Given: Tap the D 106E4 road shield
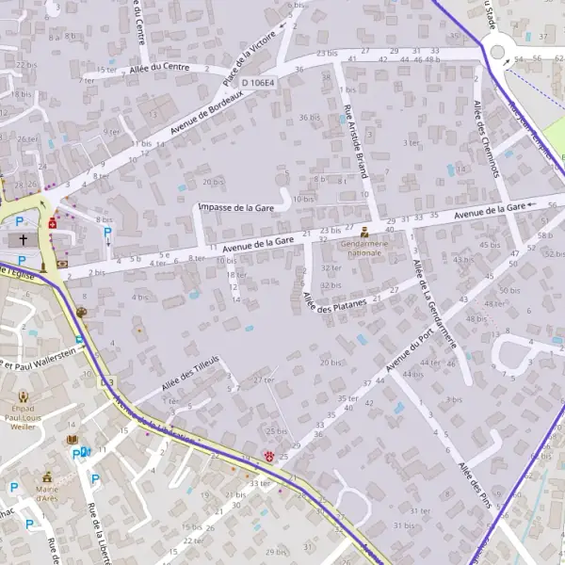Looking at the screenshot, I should (257, 83).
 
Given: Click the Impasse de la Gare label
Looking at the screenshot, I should (236, 207).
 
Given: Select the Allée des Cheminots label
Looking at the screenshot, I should (486, 138).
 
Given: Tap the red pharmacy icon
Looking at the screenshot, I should (54, 225).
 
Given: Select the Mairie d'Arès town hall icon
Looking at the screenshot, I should (46, 478).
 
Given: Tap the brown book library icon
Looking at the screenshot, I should (73, 439).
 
